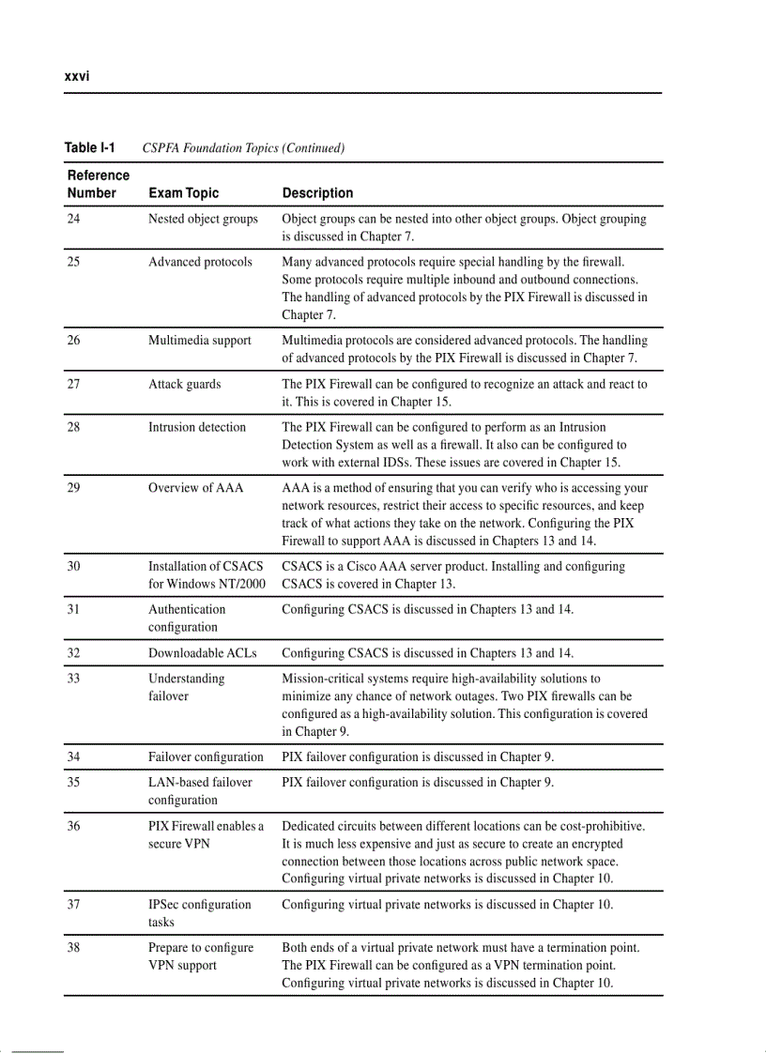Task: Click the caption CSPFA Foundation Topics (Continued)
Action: (x=243, y=148)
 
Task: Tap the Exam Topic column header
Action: (x=183, y=193)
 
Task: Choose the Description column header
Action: (x=317, y=193)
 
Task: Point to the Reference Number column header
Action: (x=98, y=184)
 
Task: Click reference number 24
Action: (x=74, y=220)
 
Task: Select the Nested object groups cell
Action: (x=203, y=220)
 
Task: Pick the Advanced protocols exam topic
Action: (x=200, y=262)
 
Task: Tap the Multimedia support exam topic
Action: (x=199, y=341)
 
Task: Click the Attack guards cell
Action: (x=184, y=384)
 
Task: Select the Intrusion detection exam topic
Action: (x=197, y=427)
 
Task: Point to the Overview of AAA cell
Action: (x=195, y=488)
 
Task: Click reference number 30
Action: (x=74, y=567)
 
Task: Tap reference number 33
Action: (x=74, y=679)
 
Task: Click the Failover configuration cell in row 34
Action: (x=206, y=757)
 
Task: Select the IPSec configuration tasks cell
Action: (x=199, y=913)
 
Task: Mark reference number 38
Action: (x=74, y=948)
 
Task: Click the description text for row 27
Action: (x=464, y=393)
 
